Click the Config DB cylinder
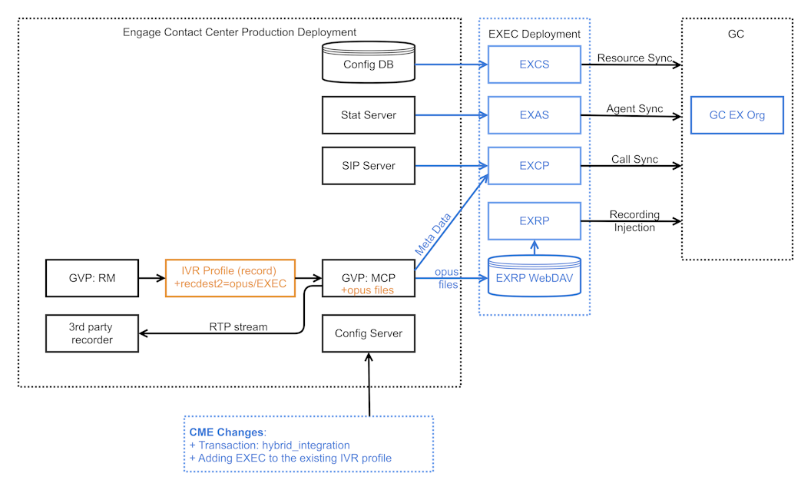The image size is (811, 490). tap(369, 64)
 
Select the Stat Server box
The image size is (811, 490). tap(369, 115)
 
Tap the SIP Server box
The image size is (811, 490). tap(369, 166)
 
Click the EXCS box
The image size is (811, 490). tap(534, 65)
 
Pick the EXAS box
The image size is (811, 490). tap(534, 115)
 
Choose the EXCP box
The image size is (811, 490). tap(534, 166)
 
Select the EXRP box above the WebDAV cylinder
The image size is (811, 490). tap(534, 221)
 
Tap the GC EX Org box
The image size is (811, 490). tap(737, 115)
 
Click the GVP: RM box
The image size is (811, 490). tap(92, 278)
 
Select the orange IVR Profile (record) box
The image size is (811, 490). tap(230, 278)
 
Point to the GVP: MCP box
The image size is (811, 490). tap(368, 278)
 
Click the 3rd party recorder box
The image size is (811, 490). tap(92, 333)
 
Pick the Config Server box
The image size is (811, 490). tap(368, 333)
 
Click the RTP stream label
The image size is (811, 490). tap(238, 326)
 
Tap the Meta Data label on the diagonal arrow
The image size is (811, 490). tap(433, 234)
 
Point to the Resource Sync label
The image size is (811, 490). tap(634, 58)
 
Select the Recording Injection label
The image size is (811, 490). tap(634, 221)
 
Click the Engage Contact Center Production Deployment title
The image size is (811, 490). tap(240, 32)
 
